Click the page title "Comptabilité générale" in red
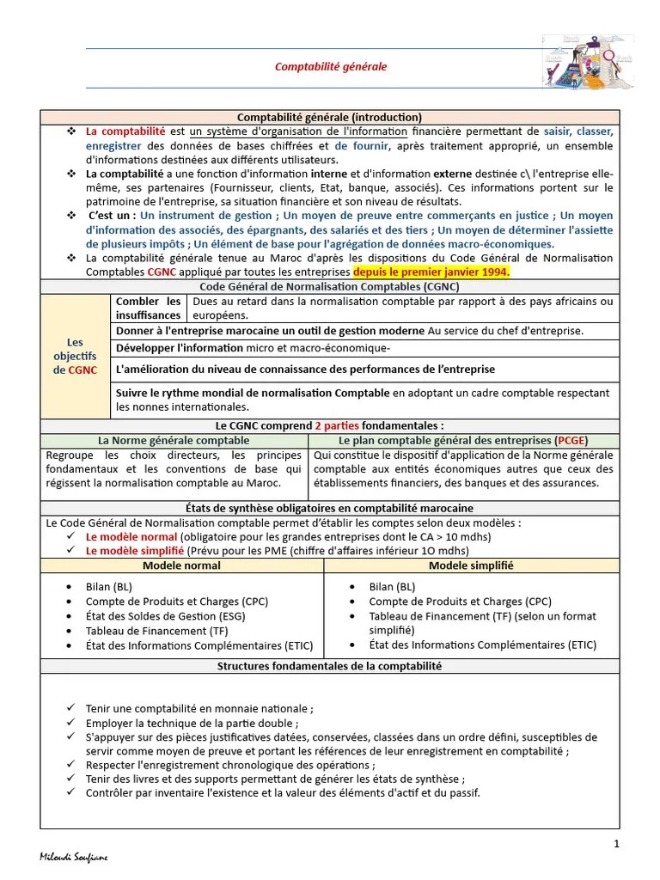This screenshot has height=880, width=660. [x=331, y=66]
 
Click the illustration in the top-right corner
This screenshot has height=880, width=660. [x=588, y=62]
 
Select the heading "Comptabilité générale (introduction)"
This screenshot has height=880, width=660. [x=330, y=117]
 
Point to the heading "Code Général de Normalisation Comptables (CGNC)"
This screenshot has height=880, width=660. [x=330, y=286]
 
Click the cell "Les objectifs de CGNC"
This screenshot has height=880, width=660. [x=75, y=356]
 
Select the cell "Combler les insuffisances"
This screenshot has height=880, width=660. [x=148, y=309]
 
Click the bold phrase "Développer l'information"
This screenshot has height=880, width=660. [x=180, y=347]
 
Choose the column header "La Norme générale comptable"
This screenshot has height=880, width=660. [x=174, y=440]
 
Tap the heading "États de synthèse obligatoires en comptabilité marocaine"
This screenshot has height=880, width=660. [x=330, y=508]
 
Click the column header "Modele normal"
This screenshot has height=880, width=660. [x=181, y=565]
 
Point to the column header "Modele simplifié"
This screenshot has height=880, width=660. [x=471, y=565]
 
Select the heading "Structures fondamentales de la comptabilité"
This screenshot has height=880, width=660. [x=330, y=666]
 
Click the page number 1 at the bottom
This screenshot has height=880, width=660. [x=616, y=844]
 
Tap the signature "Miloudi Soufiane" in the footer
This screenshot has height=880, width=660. [x=75, y=858]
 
